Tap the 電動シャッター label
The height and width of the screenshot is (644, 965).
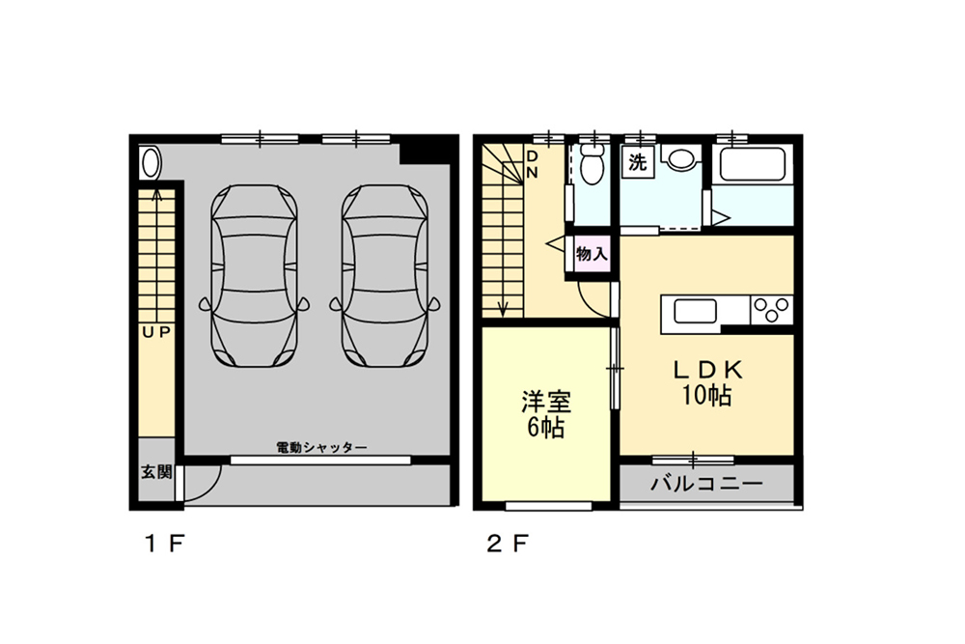tap(321, 447)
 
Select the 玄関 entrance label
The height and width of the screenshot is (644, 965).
tap(156, 472)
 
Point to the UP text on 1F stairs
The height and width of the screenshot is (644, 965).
tap(155, 332)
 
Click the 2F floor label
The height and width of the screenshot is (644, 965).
tap(506, 543)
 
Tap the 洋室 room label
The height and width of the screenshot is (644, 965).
tap(545, 399)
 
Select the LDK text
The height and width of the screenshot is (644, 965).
tap(707, 369)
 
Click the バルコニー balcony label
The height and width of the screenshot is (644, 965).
tap(706, 484)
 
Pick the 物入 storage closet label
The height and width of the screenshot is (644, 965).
tap(592, 254)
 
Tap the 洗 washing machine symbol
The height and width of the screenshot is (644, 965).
tap(637, 162)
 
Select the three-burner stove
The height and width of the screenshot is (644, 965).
tap(772, 309)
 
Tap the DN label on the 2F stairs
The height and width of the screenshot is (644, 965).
tap(532, 164)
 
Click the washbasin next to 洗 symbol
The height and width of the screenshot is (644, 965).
tap(682, 158)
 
